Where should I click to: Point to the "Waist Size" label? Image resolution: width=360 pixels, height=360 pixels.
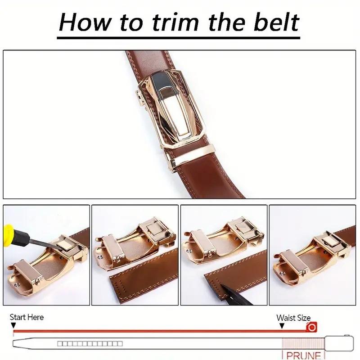[293, 318]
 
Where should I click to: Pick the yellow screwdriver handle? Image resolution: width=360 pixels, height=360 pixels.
[11, 229]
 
